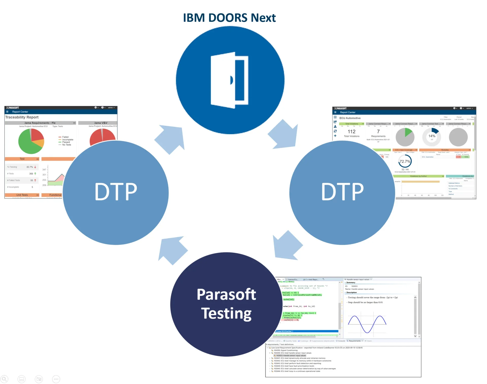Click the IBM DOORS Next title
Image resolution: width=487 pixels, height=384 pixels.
229,18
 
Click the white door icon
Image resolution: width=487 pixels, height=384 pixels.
229,80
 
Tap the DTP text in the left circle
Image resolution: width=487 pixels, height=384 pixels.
116,192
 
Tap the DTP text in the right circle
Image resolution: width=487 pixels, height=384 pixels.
342,192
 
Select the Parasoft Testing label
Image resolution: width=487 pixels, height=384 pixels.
226,304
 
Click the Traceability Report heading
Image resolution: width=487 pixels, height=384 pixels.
22,117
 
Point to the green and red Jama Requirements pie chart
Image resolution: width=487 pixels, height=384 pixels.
31,141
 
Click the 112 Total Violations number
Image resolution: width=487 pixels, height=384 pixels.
352,132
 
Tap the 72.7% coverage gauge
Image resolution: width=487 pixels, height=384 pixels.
405,161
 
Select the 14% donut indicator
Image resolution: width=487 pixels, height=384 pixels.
432,137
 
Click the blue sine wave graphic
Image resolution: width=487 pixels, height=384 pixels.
367,324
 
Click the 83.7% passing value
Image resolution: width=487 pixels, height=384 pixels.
30,167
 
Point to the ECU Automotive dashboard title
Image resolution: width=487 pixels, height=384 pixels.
350,118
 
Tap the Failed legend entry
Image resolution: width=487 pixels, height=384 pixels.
65,137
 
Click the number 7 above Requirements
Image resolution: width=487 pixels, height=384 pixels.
378,132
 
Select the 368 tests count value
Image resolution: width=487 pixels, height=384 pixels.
31,174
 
